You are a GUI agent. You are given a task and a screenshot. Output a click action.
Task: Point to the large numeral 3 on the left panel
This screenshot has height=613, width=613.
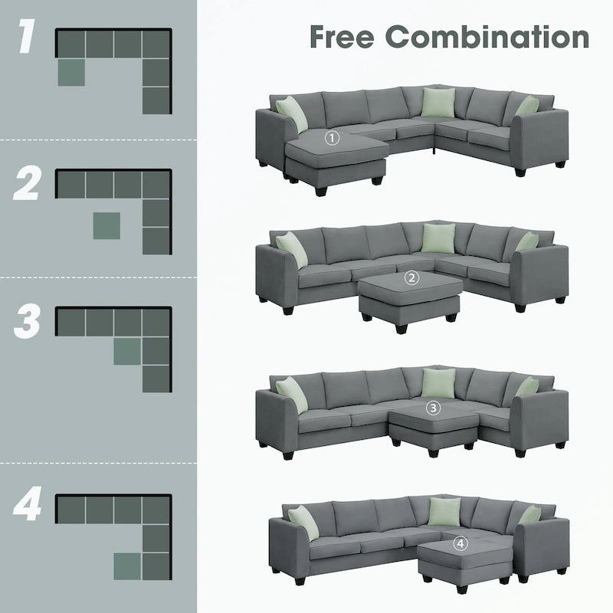28,323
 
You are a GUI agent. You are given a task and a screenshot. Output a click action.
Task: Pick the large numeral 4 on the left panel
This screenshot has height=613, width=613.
28,507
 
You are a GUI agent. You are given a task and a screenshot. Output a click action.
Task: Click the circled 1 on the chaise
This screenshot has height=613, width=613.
331,138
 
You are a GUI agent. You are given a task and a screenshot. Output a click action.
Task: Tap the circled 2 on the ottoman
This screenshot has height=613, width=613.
413,278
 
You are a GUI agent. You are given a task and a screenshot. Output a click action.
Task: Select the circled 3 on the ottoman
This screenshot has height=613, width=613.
433,408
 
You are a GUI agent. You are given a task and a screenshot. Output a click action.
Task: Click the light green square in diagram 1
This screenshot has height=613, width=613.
71,71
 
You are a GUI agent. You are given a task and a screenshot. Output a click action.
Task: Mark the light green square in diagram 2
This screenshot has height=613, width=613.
106,225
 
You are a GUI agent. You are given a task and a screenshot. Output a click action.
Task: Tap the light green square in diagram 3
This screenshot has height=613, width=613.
127,352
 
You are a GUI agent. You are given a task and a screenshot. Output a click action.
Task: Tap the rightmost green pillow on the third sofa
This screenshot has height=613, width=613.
527,388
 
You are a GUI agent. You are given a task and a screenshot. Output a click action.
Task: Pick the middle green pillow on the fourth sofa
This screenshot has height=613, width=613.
442,512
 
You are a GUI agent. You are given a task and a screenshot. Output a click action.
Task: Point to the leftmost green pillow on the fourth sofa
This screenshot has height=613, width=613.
303,518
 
